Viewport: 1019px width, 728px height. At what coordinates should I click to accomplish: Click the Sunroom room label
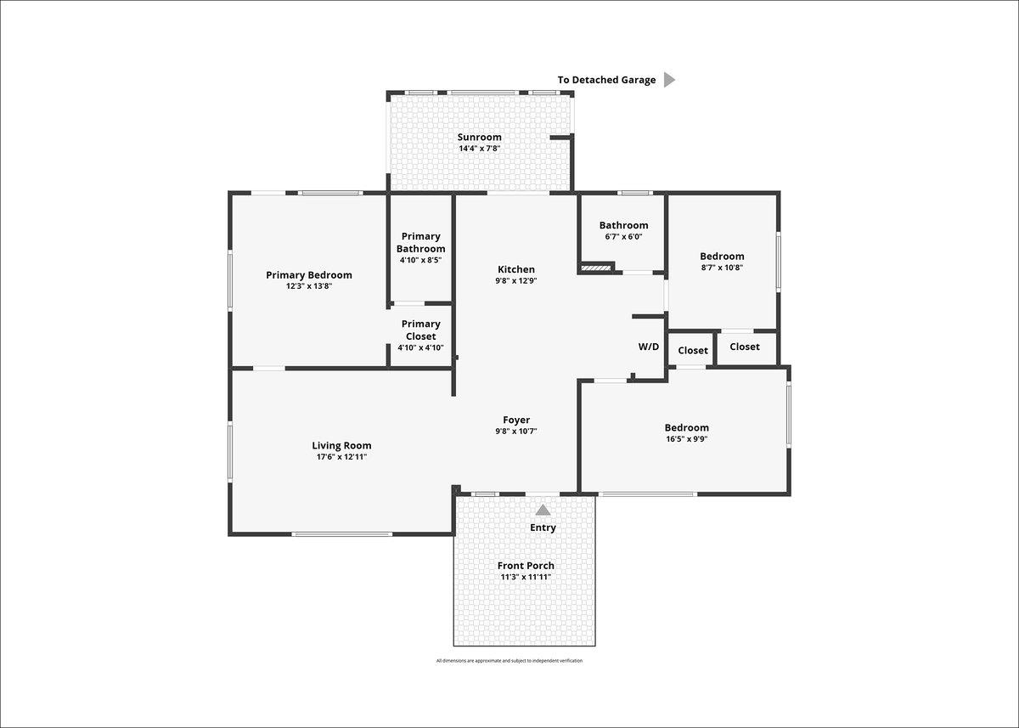(480, 137)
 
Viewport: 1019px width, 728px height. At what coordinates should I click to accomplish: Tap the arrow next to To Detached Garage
(669, 80)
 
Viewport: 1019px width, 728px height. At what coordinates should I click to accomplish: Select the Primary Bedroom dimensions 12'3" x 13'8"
(309, 286)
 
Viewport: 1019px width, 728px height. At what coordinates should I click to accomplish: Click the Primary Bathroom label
(421, 242)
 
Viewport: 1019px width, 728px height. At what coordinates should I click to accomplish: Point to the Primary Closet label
(421, 330)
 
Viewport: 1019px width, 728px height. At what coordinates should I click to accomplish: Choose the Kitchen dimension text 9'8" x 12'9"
(516, 280)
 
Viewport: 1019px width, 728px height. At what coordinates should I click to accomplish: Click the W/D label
(648, 347)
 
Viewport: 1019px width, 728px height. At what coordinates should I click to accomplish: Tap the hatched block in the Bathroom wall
(596, 268)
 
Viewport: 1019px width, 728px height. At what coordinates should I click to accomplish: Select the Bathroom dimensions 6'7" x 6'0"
(623, 237)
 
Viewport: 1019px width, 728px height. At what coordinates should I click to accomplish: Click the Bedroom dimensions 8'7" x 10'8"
(722, 268)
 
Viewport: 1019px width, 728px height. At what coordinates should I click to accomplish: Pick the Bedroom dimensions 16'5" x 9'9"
(686, 439)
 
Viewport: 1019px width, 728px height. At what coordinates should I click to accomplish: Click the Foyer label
(516, 420)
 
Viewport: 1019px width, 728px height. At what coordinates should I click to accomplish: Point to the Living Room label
(341, 446)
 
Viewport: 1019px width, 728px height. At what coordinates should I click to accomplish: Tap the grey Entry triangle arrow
(543, 510)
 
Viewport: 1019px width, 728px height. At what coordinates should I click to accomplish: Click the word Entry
(543, 528)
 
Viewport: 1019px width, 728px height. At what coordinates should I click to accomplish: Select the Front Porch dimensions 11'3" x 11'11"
(526, 577)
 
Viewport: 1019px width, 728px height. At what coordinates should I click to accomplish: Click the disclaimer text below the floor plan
(509, 661)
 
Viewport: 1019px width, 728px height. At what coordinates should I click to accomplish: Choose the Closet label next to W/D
(693, 350)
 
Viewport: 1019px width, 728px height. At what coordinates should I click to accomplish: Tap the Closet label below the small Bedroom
(745, 347)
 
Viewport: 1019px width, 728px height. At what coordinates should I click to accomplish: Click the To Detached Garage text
(607, 80)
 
